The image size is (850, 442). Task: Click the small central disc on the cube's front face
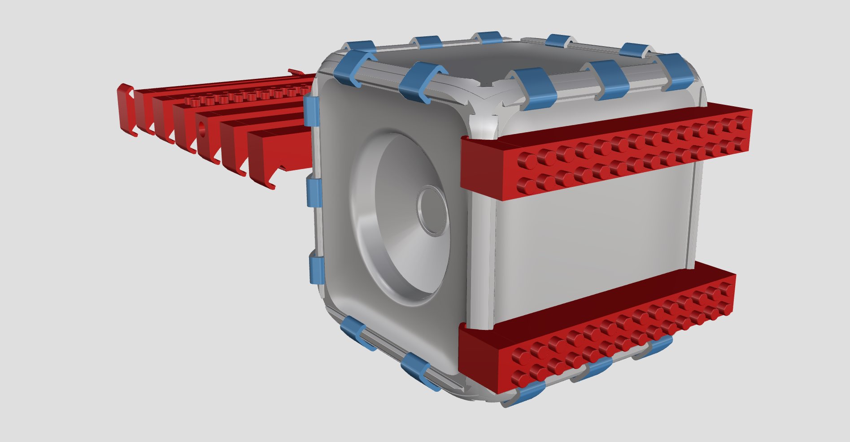[432, 210]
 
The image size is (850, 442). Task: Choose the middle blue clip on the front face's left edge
[314, 193]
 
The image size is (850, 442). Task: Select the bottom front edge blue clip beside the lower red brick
[420, 370]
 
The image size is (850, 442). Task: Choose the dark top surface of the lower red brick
[597, 305]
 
